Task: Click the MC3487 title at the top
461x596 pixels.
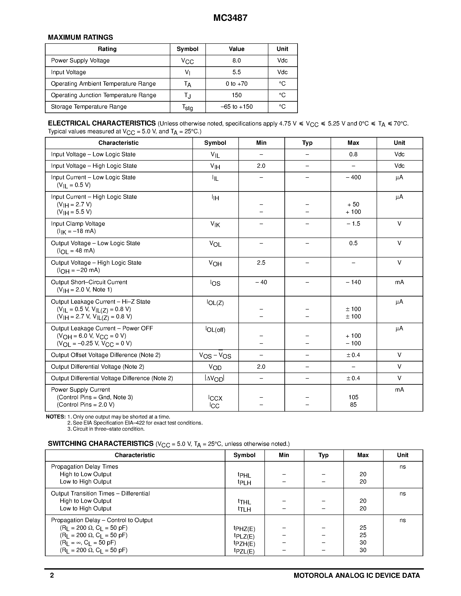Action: tap(230, 18)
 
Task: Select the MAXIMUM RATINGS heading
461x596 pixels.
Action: tap(80, 37)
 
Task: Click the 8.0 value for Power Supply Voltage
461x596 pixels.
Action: tap(236, 61)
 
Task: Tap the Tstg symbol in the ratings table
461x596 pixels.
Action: tap(187, 107)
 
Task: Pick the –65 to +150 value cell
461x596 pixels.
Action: tap(236, 107)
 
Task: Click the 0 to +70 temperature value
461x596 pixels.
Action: tap(236, 84)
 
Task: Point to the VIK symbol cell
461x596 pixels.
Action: tap(215, 224)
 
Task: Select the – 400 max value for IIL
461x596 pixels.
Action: tap(353, 177)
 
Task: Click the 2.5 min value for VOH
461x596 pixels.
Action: tap(261, 263)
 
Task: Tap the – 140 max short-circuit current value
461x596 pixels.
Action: tap(353, 282)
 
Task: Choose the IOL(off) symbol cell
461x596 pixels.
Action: tap(215, 330)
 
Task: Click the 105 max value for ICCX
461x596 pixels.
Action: tap(353, 397)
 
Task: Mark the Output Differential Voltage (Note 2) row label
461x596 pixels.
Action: tap(97, 367)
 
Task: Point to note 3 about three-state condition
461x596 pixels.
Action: tap(106, 429)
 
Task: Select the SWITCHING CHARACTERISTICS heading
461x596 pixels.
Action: tap(100, 444)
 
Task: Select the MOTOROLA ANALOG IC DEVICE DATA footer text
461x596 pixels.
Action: tap(357, 576)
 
